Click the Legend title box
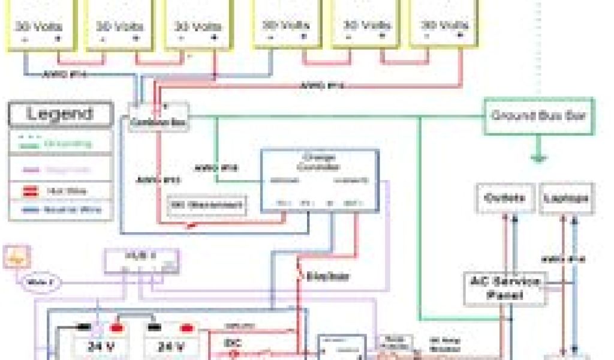tap(61, 114)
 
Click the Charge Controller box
tap(319, 180)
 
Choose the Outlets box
tap(505, 198)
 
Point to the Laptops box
tap(567, 198)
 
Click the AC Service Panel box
tap(505, 288)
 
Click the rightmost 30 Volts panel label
tap(446, 26)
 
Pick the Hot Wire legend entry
tap(60, 191)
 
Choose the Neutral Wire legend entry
tap(60, 210)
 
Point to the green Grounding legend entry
tap(60, 144)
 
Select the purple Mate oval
tap(40, 282)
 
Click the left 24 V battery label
tap(101, 347)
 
